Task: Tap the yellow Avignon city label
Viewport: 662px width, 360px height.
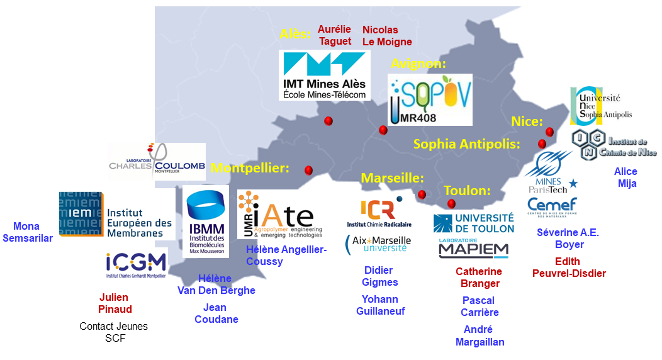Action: (x=418, y=64)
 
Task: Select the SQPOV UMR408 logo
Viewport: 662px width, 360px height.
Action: (x=430, y=99)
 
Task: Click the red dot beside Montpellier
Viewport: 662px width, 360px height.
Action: (x=308, y=171)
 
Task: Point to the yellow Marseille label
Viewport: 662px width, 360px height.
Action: (x=393, y=178)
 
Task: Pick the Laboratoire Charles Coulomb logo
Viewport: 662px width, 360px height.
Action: (x=157, y=161)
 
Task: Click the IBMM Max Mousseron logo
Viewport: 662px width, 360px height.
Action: (x=206, y=221)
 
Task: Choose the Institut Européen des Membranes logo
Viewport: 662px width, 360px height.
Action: (x=116, y=215)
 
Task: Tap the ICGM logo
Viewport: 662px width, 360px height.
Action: (x=136, y=265)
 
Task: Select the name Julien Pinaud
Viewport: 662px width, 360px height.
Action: (x=115, y=303)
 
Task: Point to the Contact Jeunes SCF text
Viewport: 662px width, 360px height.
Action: (x=114, y=332)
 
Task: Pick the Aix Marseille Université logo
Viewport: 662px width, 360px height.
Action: (x=378, y=244)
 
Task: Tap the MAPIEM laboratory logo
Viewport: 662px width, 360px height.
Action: (x=473, y=248)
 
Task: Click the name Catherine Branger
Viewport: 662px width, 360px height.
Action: (x=479, y=277)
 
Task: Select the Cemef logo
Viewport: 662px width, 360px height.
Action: (x=552, y=206)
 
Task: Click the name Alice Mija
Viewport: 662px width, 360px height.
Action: (x=626, y=177)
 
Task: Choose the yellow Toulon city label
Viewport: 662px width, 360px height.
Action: (x=467, y=190)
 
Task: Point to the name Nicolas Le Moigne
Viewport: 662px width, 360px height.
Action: (x=386, y=36)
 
